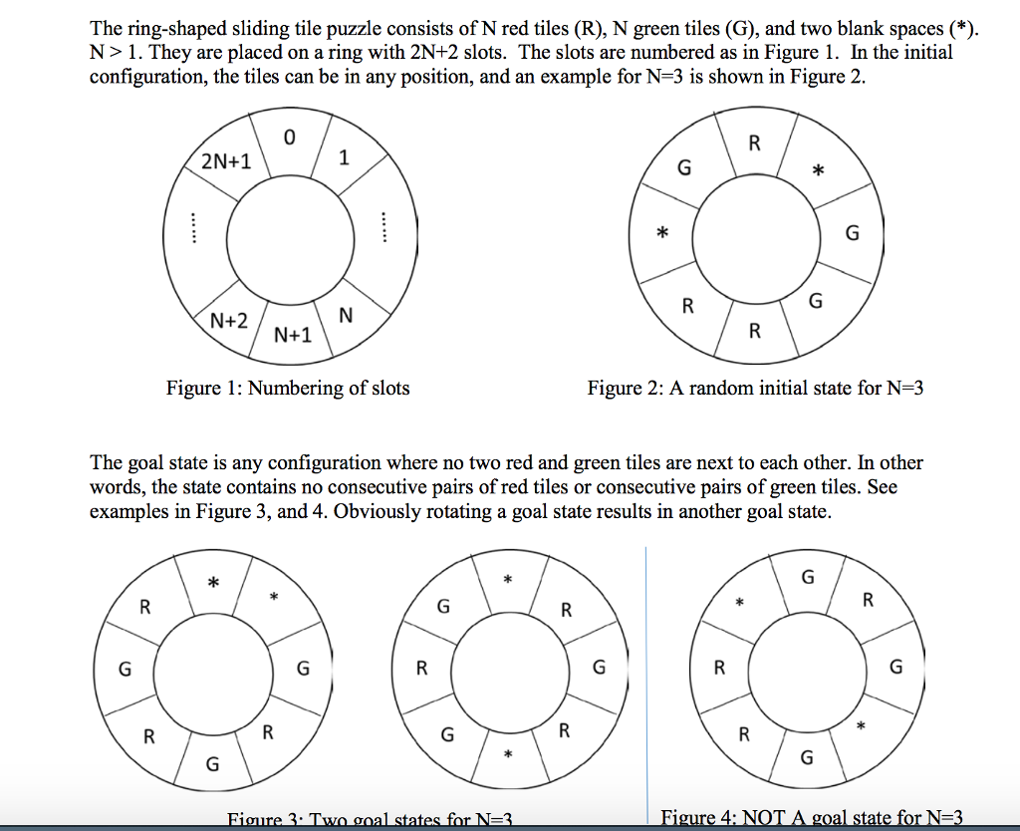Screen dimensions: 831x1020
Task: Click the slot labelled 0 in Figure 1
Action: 289,139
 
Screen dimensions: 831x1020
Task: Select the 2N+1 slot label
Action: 226,161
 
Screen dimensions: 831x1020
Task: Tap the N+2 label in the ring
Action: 229,321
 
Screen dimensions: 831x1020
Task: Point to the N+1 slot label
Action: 293,336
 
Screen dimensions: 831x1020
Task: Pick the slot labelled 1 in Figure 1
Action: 344,157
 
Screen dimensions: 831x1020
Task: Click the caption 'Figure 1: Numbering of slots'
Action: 288,389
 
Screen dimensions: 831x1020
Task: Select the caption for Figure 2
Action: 755,389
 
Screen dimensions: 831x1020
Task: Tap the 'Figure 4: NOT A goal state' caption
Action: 812,818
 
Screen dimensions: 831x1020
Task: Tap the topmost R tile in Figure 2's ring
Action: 754,142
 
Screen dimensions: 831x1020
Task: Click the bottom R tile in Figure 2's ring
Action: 754,331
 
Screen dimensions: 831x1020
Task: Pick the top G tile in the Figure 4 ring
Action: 808,577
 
